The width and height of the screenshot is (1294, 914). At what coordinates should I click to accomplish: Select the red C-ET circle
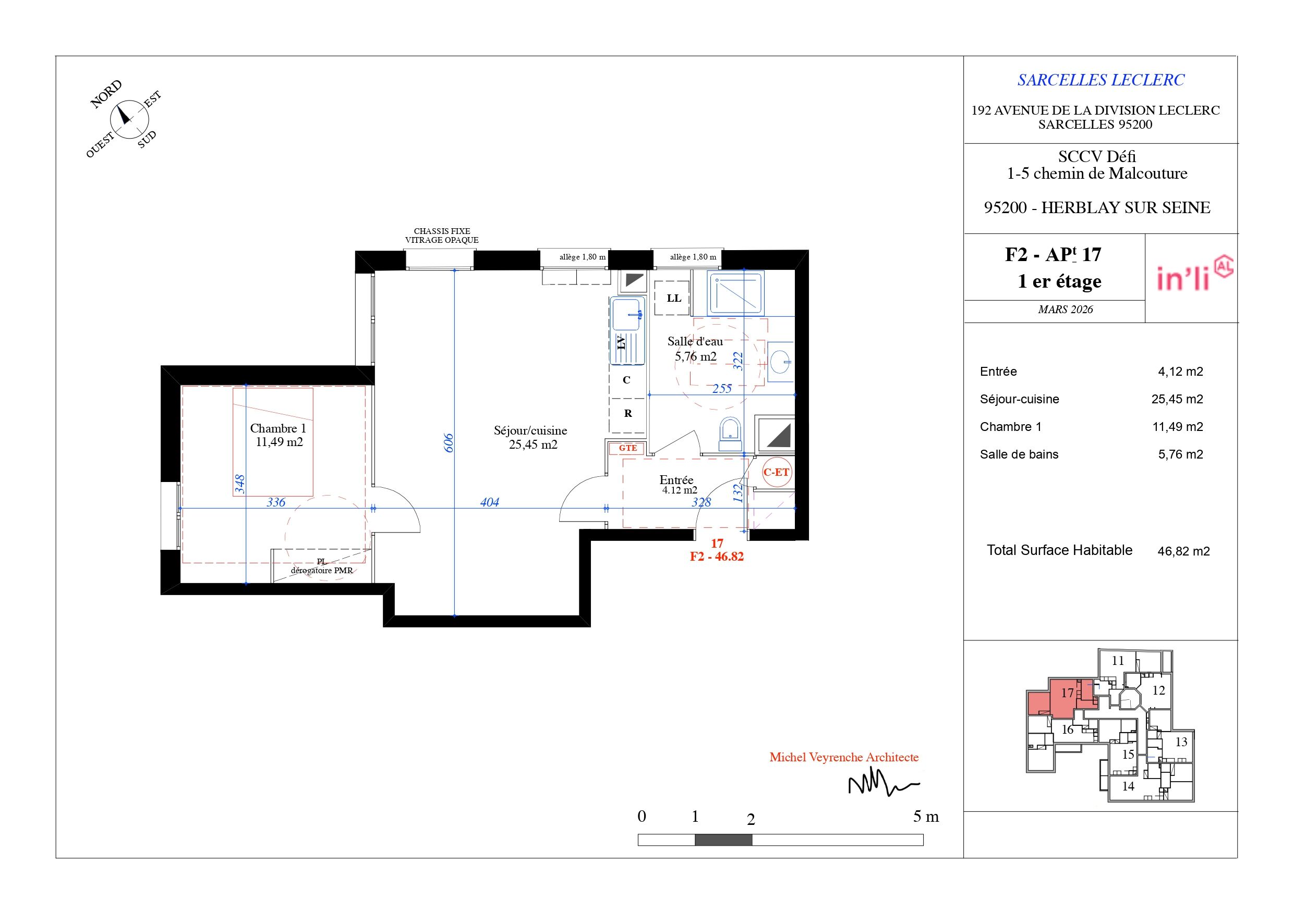coord(777,473)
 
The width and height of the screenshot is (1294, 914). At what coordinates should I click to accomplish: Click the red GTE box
coord(627,448)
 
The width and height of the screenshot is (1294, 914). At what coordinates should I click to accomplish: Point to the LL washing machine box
coord(672,298)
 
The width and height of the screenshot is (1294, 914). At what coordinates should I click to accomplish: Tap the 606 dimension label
coord(449,443)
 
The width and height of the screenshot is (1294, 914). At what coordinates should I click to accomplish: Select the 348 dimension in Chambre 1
coord(239,484)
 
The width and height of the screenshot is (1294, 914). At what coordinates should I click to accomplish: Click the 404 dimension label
coord(490,502)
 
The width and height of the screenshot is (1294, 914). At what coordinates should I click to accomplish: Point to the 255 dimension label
coord(722,389)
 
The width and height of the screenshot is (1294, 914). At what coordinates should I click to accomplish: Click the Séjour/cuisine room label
coord(530,431)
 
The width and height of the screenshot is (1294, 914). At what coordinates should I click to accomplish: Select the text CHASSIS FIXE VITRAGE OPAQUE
coord(442,236)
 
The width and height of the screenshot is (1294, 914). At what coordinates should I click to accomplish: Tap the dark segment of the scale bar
coord(723,840)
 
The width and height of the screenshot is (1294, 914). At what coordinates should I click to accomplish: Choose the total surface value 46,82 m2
coord(1183,551)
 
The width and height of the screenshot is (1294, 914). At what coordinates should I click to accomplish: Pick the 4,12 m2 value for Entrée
coord(1181,372)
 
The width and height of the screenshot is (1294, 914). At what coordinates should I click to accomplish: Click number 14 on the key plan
coord(1128,786)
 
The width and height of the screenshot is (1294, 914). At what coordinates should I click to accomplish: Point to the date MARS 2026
coord(1065,309)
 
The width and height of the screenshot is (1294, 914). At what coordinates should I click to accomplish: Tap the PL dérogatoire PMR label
coord(322,566)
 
